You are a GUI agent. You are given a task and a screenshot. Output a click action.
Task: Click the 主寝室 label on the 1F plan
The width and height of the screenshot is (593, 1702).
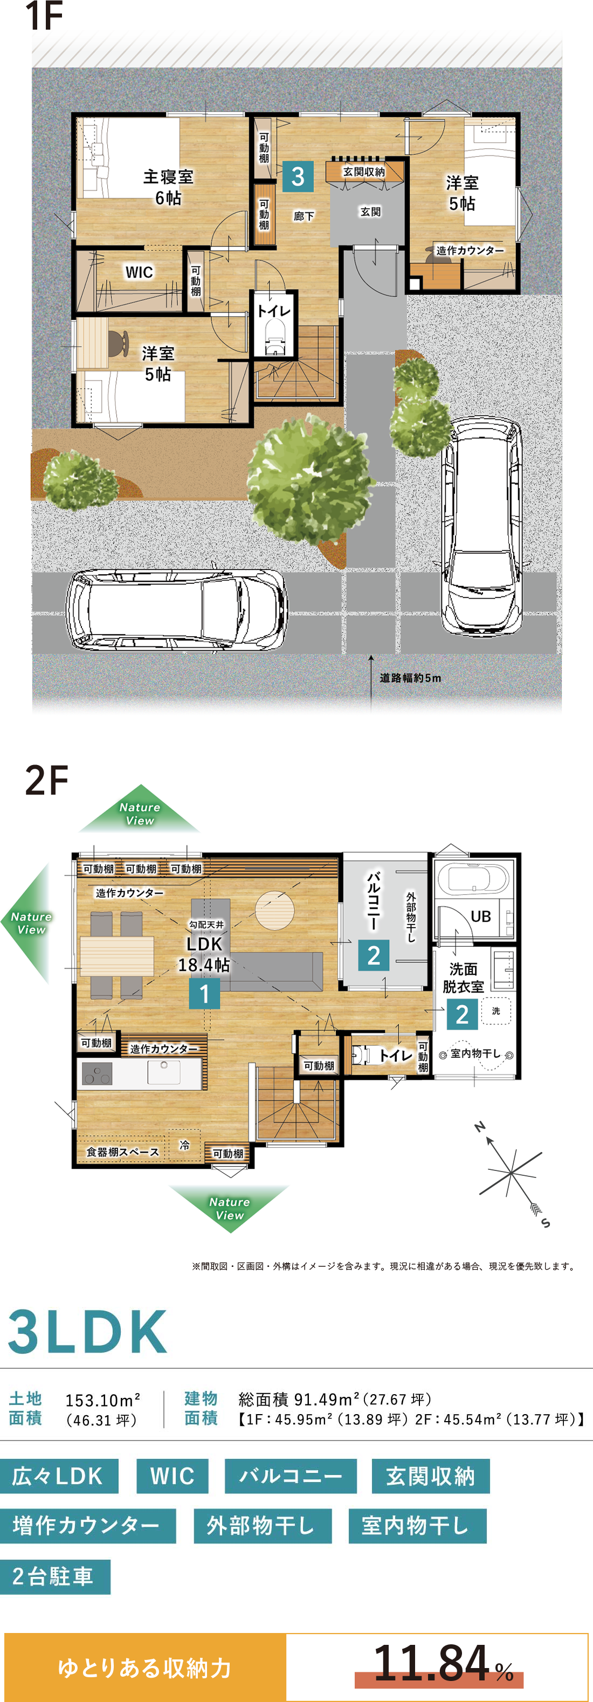(168, 177)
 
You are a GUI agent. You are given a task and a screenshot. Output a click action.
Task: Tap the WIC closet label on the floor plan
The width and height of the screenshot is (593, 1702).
(139, 272)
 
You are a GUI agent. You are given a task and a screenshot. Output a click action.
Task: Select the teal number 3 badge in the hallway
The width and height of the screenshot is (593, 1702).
(298, 176)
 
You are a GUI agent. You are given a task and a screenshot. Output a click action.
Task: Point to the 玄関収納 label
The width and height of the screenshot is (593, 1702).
(364, 172)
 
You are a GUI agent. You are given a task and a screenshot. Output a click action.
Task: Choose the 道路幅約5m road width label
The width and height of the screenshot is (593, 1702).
(410, 678)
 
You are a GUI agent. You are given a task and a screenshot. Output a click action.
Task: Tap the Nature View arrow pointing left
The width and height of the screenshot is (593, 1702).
(30, 923)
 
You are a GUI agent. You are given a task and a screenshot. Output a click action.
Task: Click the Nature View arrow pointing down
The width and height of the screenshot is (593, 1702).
(229, 1208)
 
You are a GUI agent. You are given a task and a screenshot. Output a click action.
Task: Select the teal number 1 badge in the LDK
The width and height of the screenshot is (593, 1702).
(204, 994)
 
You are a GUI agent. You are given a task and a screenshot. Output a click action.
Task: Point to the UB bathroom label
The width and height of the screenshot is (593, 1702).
(481, 917)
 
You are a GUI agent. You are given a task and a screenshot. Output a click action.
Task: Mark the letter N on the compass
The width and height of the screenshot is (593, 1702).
(480, 1127)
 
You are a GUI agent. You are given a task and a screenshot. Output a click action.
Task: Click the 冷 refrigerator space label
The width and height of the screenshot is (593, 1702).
(185, 1145)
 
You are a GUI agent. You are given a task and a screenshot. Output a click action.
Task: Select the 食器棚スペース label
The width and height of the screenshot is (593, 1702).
(123, 1152)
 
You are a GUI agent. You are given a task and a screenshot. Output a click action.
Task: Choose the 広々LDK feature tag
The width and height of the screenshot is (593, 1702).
(59, 1476)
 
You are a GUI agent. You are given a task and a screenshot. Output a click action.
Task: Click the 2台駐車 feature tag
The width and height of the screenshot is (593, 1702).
(55, 1576)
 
